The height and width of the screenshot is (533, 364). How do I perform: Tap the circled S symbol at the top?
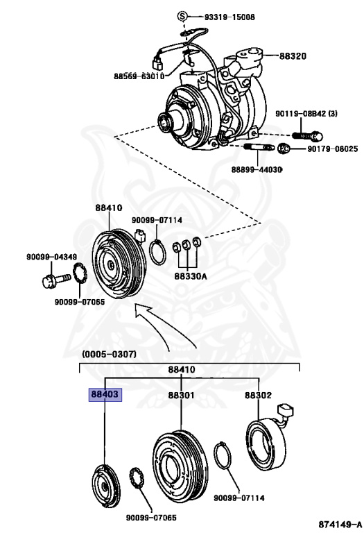(182, 16)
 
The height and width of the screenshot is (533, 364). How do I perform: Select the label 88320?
(293, 56)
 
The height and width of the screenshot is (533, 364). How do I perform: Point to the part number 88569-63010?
(139, 76)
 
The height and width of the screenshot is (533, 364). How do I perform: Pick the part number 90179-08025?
(327, 149)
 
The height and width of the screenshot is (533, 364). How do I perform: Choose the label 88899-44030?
(257, 169)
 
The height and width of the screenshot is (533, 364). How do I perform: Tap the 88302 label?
(258, 395)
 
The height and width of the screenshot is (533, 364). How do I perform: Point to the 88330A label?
(185, 276)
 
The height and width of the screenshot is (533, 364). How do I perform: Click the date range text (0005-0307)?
(109, 354)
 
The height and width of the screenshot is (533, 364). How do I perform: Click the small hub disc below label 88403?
(105, 484)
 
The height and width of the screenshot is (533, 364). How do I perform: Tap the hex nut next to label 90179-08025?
(284, 149)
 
